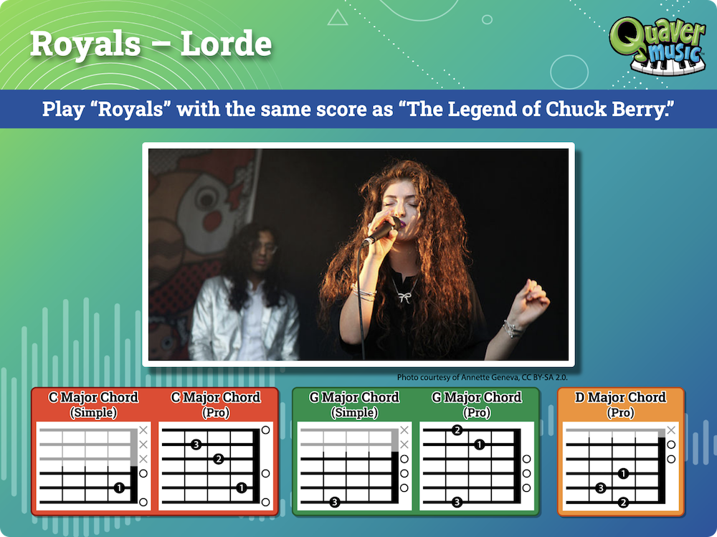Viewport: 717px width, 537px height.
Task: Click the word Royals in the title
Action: point(85,44)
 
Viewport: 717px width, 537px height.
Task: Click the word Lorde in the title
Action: point(226,44)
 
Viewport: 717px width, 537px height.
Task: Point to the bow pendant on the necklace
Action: point(404,298)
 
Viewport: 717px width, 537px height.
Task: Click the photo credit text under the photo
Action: point(483,377)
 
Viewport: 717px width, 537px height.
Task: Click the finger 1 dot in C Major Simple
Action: point(119,488)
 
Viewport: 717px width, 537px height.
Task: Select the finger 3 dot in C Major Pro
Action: point(196,444)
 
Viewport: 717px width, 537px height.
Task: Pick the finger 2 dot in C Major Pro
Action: point(219,459)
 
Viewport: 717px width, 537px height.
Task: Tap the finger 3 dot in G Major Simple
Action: point(335,503)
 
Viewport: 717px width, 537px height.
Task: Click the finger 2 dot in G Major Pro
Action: point(457,430)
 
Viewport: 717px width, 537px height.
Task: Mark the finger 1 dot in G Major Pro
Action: point(479,444)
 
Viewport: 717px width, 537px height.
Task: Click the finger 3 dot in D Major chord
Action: point(601,488)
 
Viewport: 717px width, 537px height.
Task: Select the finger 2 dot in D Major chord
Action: point(623,503)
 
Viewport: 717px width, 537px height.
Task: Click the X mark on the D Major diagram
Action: point(671,430)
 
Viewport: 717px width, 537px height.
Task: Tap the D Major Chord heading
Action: point(620,397)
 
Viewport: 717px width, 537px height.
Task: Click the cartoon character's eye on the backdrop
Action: point(206,199)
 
